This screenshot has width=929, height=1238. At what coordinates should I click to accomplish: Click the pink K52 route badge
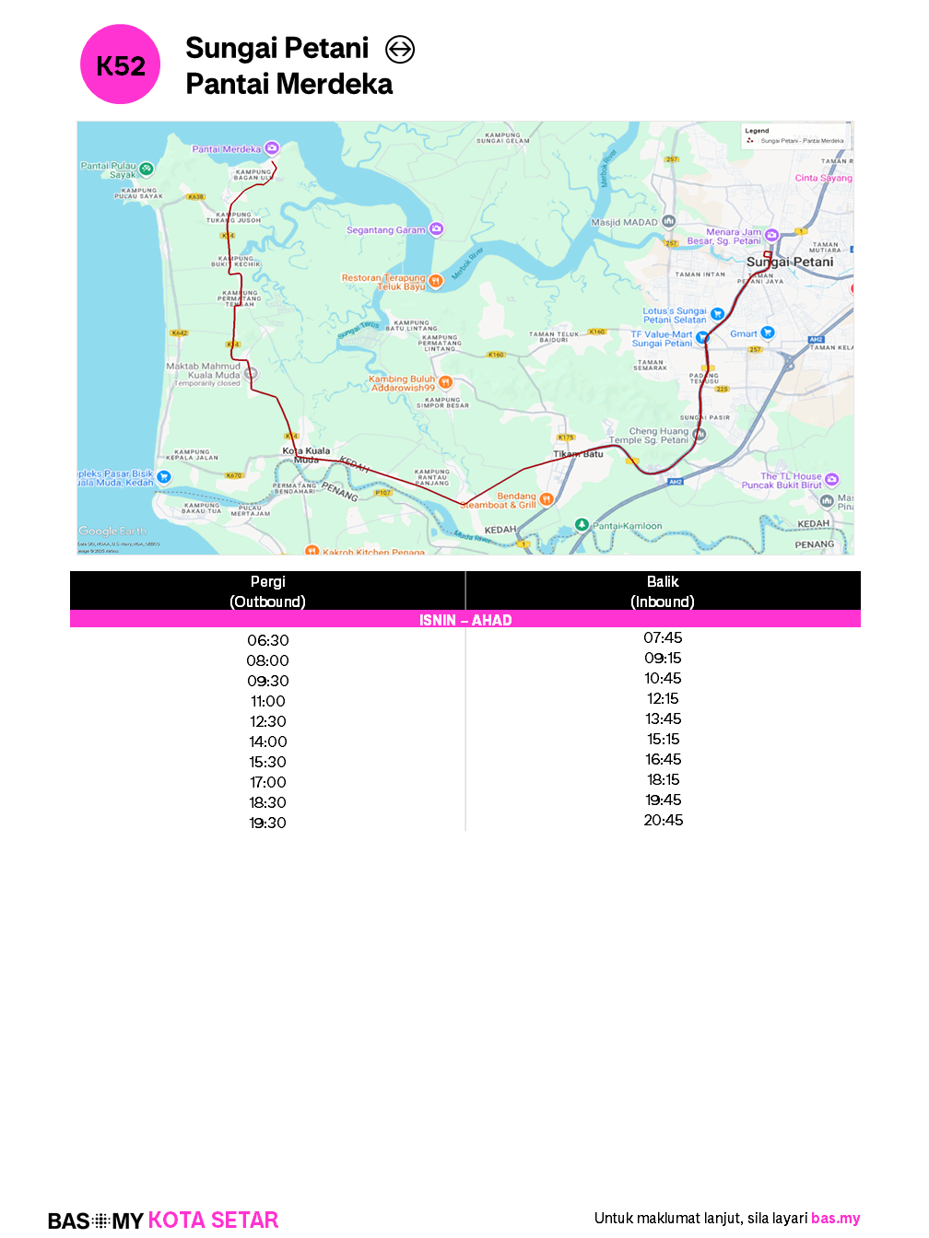[x=121, y=64]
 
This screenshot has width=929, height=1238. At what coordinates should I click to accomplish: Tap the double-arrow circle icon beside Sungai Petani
[x=399, y=49]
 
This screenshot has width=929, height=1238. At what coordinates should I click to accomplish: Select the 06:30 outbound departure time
[x=267, y=640]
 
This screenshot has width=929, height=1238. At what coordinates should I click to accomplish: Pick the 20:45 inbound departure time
[x=663, y=820]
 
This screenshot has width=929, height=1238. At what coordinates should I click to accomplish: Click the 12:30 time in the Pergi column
[x=267, y=721]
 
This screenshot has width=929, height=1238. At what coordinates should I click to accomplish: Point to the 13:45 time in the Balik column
[x=663, y=718]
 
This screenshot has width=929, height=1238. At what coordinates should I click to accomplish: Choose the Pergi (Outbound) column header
[x=267, y=591]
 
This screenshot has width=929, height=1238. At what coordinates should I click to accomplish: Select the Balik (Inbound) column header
[x=663, y=591]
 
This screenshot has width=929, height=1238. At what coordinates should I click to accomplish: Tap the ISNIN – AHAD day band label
[x=465, y=620]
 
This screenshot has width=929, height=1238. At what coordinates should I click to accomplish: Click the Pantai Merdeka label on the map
[x=226, y=149]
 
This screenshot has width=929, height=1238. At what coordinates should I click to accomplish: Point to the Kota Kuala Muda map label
[x=306, y=454]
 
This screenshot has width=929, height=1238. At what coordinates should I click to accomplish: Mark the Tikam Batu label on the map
[x=578, y=454]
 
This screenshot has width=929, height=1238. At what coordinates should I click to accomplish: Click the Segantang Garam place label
[x=386, y=230]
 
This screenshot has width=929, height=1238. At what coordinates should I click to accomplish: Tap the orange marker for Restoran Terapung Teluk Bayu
[x=436, y=281]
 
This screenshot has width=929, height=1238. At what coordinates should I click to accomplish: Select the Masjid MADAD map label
[x=624, y=222]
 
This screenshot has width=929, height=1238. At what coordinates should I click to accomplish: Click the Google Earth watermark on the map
[x=112, y=531]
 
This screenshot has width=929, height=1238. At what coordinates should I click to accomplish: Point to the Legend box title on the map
[x=757, y=131]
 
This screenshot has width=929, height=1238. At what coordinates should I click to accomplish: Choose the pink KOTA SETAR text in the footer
[x=213, y=1220]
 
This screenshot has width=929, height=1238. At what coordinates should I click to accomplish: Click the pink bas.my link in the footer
[x=835, y=1218]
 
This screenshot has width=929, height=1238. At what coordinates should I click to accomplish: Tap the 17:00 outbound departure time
[x=267, y=782]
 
